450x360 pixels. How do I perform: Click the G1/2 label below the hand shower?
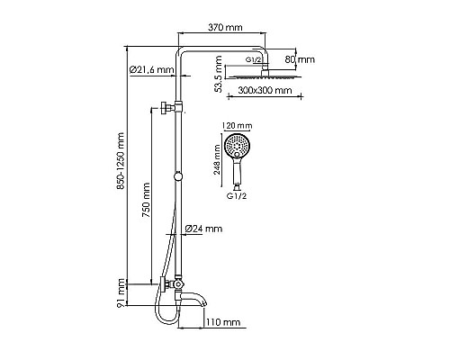[x=238, y=195]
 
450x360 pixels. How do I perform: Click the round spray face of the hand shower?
[x=238, y=147]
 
